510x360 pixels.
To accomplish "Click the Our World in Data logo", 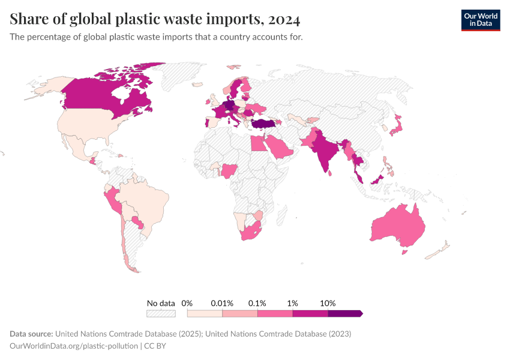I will [x=480, y=20].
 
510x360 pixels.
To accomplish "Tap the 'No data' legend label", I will [x=161, y=303].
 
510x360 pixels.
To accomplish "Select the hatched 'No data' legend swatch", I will [x=161, y=313].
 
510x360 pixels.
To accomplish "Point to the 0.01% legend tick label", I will [x=222, y=303].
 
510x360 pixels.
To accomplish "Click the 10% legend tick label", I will [x=328, y=303].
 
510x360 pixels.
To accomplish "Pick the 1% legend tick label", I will [x=293, y=303].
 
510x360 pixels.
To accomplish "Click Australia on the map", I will [x=398, y=226].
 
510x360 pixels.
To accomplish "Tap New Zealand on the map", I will [x=441, y=249].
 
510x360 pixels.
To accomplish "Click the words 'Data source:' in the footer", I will [x=32, y=334].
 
